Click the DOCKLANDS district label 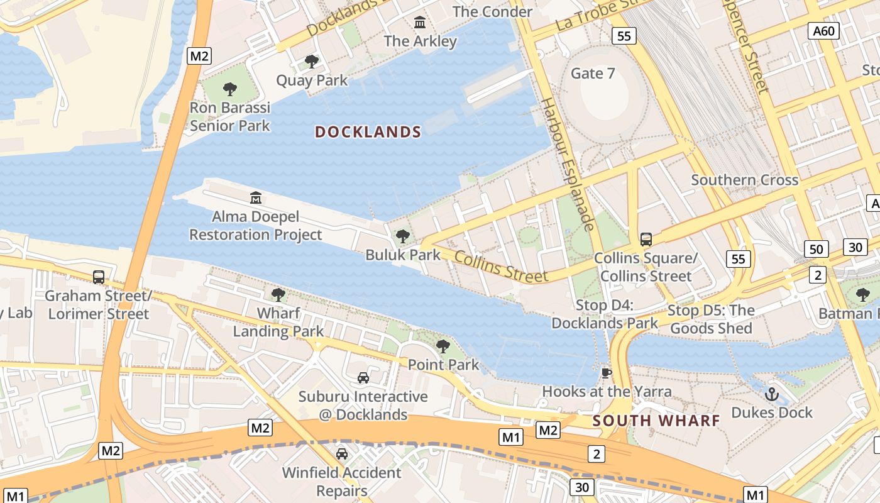tap(368, 132)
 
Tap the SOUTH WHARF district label tap(656, 421)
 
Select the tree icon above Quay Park tap(311, 62)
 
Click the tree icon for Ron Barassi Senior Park tap(230, 89)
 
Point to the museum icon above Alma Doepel tap(256, 198)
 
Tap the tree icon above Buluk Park tap(403, 236)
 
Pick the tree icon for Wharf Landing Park tap(278, 294)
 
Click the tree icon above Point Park tap(443, 346)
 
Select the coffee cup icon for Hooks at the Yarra tap(607, 373)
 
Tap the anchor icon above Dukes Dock tap(772, 394)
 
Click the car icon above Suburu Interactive tap(363, 378)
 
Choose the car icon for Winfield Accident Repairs tap(342, 453)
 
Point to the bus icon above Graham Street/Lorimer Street tap(99, 277)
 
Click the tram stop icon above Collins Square tap(646, 240)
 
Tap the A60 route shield tap(825, 31)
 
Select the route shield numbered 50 tap(816, 249)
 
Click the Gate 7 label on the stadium tap(593, 74)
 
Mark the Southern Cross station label tap(745, 180)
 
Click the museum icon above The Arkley tap(420, 23)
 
